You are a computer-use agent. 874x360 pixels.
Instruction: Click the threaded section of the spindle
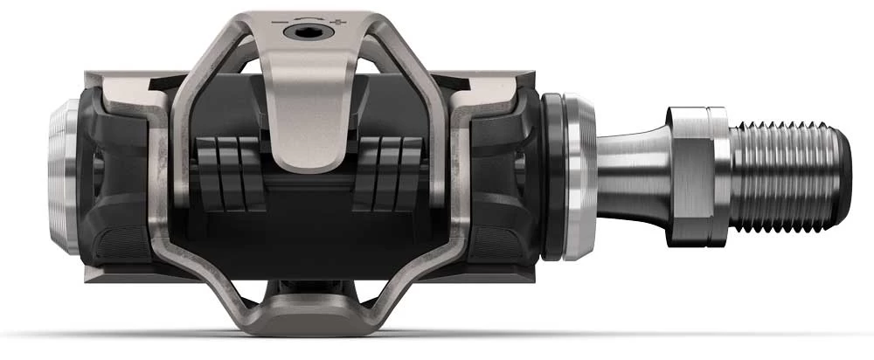(787, 176)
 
